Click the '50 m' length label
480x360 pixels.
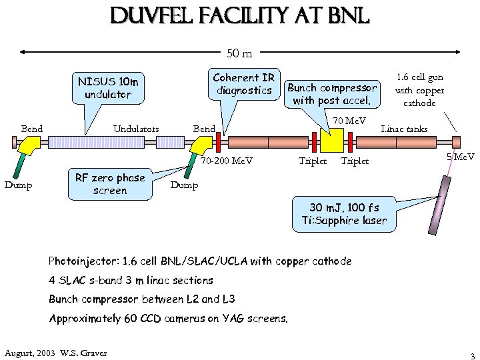coord(239,51)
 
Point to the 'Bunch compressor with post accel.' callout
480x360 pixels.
coord(331,94)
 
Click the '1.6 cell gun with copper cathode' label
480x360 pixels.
coord(419,90)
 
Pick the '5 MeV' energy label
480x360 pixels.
coord(460,157)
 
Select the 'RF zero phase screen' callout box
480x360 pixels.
coord(110,184)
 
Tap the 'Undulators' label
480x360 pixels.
coord(136,128)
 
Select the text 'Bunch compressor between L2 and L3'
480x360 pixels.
coord(141,299)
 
